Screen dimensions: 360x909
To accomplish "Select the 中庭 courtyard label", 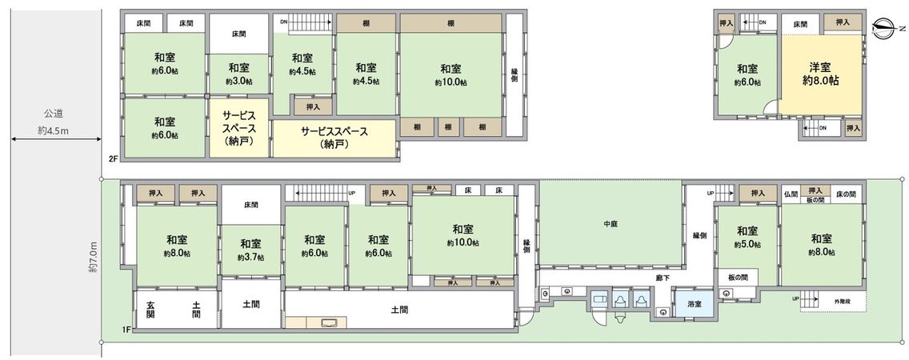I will coord(611,224).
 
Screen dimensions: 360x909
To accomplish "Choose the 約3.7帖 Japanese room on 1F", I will coord(250,250).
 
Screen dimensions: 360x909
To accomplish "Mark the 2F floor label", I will coord(114,159).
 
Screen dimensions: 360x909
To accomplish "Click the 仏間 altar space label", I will coord(791,194).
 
